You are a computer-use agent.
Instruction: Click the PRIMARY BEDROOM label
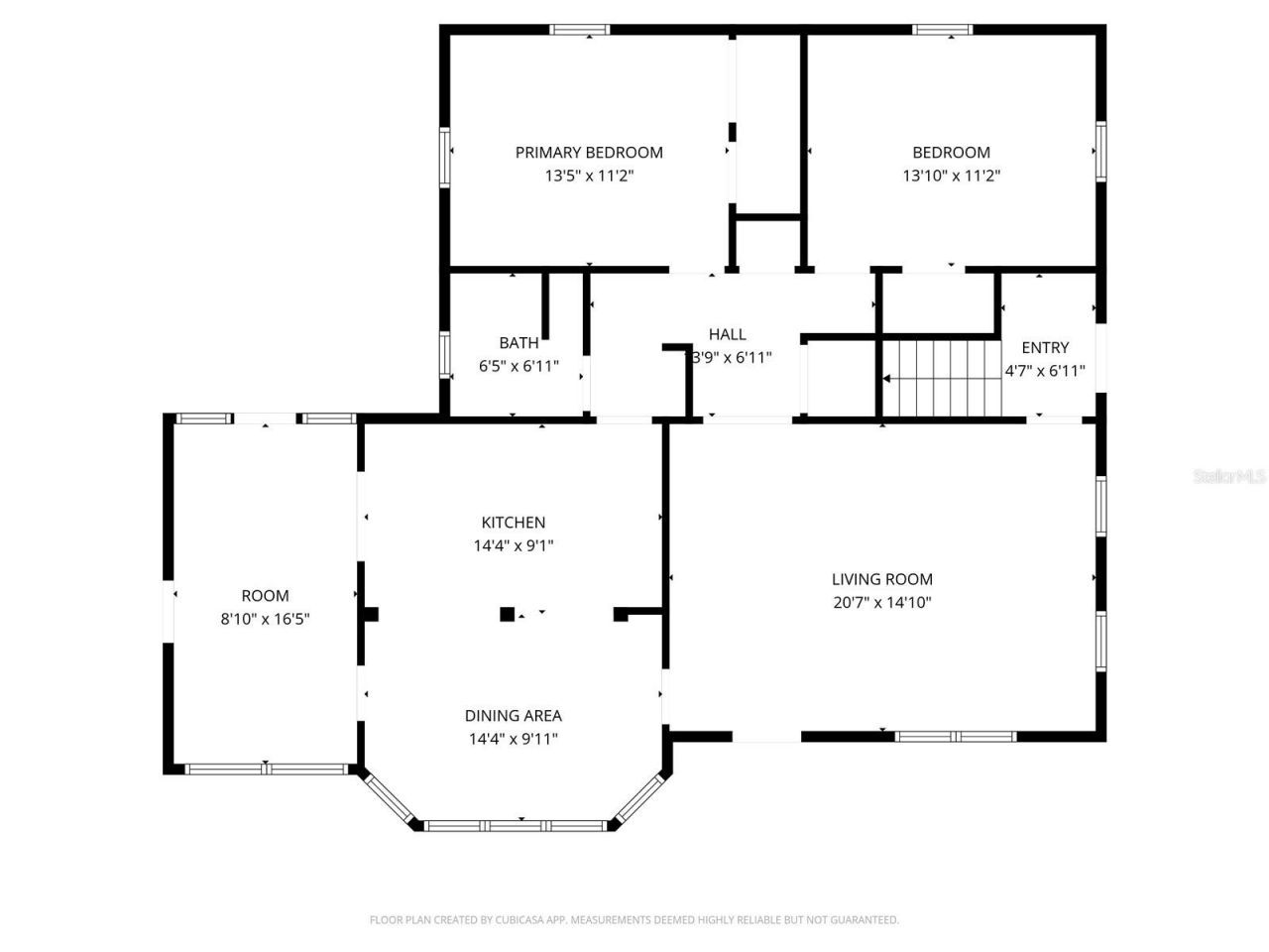coord(589,153)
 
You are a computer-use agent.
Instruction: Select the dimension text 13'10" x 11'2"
coord(951,176)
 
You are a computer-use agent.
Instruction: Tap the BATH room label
coord(519,343)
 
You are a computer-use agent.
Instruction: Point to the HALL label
coord(727,335)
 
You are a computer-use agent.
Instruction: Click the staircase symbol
coord(941,378)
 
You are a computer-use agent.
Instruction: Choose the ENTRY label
coord(1045,348)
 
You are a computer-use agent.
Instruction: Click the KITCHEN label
coord(513,523)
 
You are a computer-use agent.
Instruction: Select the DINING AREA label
coord(513,716)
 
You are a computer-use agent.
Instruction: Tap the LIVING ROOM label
coord(881,579)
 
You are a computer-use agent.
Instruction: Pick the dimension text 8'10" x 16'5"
coord(265,619)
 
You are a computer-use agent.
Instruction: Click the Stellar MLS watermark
coord(1228,477)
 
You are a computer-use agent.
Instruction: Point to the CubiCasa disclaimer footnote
coord(634,920)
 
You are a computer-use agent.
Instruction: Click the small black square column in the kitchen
coord(507,615)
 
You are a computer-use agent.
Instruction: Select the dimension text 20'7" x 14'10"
coord(881,602)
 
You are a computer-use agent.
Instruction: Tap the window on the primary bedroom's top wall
coord(580,30)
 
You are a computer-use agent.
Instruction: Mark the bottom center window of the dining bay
coord(516,825)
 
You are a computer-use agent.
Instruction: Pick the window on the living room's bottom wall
coord(955,737)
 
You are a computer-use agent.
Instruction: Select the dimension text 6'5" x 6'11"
coord(519,366)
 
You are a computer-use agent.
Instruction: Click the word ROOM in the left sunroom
coord(265,596)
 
